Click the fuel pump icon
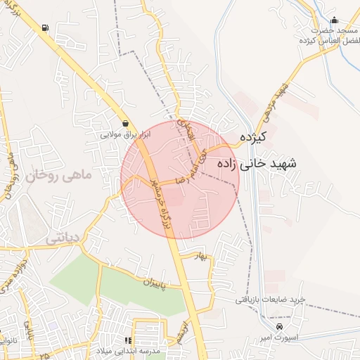46,28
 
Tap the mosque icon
334,20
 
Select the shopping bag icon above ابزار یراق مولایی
125,123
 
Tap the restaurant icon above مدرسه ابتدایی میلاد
127,340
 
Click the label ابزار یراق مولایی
126,134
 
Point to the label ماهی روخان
59,176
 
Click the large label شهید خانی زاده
257,163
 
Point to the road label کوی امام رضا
193,162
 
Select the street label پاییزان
158,283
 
